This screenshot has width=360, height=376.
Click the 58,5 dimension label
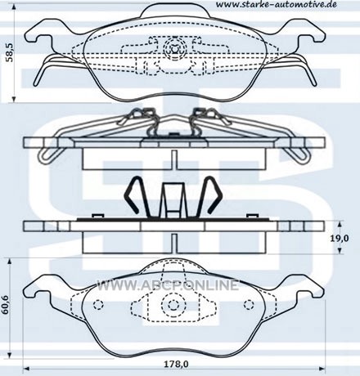[x=10, y=52]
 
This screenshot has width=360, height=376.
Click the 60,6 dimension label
[x=5, y=305]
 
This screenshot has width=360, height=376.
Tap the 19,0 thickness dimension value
[x=340, y=239]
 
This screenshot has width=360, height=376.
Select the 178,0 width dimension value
[x=176, y=364]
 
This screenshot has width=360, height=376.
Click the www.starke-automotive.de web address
[x=276, y=5]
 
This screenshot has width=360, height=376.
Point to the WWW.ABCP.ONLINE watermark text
[x=168, y=285]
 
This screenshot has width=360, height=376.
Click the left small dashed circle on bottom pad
[x=98, y=305]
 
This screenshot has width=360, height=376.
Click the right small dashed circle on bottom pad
[x=249, y=305]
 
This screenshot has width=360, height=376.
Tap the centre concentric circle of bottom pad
[x=173, y=305]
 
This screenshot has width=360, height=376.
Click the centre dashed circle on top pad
[x=174, y=48]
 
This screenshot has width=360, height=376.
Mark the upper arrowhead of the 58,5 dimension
[x=14, y=7]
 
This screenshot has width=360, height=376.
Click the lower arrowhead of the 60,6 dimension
[x=9, y=355]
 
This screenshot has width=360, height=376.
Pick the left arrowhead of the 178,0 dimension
[x=26, y=369]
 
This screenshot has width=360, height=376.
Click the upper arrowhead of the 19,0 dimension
[x=340, y=224]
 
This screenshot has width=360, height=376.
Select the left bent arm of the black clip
[x=134, y=195]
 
